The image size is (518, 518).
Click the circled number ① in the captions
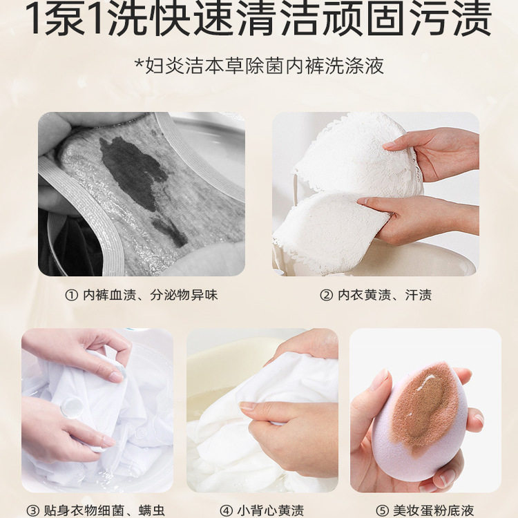click(71, 295)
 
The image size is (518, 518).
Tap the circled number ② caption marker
click(327, 295)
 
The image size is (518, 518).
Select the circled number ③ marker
click(32, 510)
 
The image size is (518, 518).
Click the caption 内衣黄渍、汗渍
click(385, 295)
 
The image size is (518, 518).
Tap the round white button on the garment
click(71, 407)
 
